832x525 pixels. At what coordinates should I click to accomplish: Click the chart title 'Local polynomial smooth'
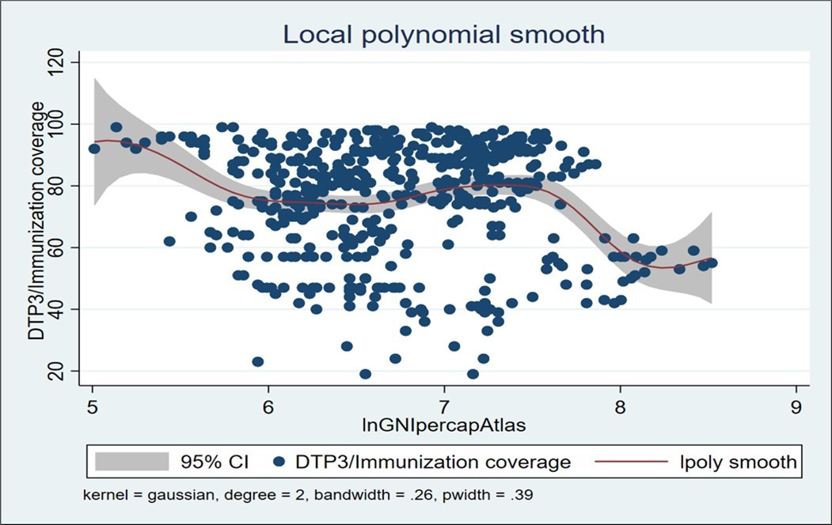click(444, 35)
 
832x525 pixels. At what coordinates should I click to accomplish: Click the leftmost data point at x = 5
click(94, 149)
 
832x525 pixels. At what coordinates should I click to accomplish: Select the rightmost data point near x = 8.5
click(712, 262)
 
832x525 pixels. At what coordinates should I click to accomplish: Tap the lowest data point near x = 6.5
click(365, 374)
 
